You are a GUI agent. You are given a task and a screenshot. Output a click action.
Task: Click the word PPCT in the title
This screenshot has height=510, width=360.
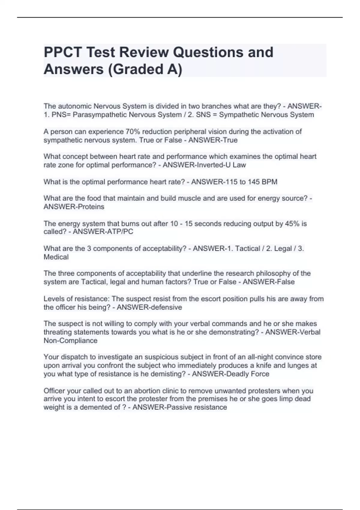62,52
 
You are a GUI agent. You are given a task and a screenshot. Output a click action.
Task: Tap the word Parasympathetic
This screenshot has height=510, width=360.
96,115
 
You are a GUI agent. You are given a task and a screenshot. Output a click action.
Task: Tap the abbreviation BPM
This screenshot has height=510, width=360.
269,182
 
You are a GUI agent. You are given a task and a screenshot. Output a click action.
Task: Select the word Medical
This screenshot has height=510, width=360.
56,257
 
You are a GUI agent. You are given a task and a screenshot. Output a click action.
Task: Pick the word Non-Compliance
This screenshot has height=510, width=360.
70,341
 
